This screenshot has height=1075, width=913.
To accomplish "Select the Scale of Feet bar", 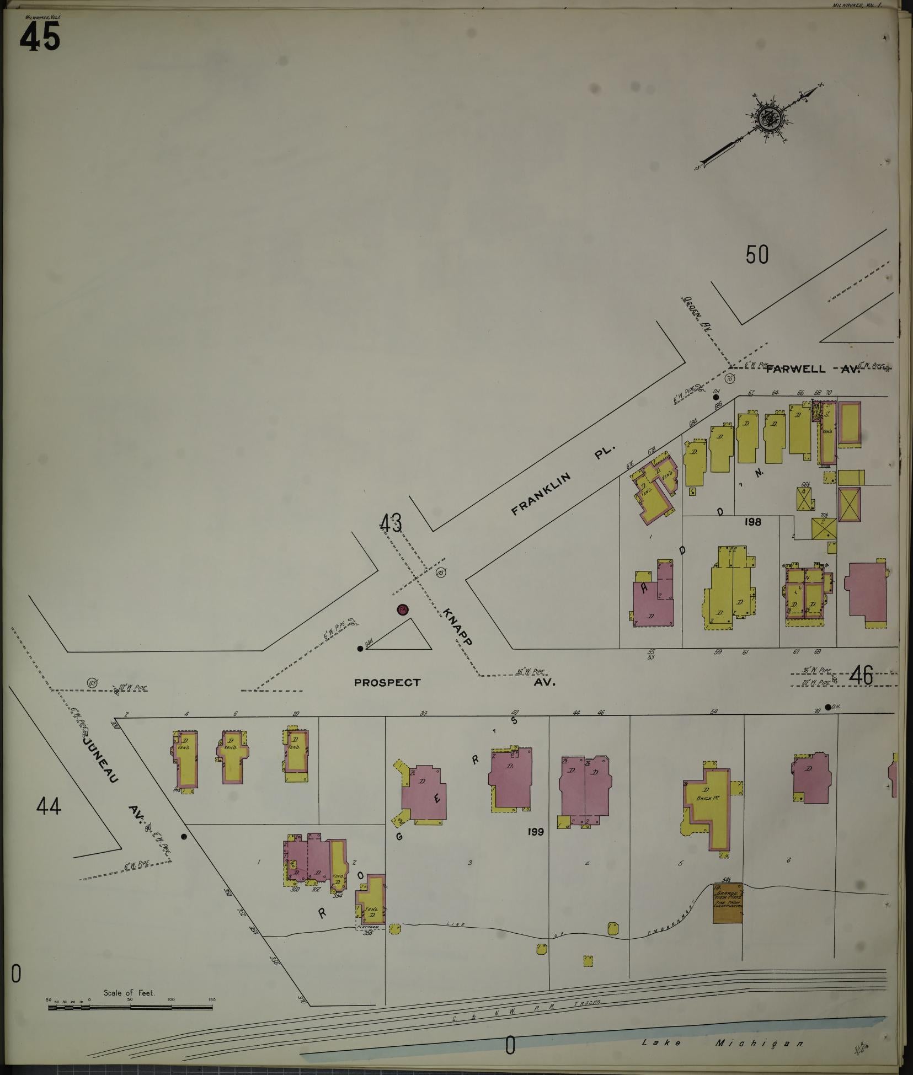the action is click(x=130, y=1007).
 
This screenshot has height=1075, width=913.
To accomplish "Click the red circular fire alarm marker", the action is click(x=402, y=609).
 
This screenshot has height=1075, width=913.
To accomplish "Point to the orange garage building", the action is click(x=728, y=903).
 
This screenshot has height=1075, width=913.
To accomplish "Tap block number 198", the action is click(x=752, y=521).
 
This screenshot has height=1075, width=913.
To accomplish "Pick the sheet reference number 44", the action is click(x=49, y=807).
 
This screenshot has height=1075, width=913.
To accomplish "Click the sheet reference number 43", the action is click(x=391, y=523).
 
